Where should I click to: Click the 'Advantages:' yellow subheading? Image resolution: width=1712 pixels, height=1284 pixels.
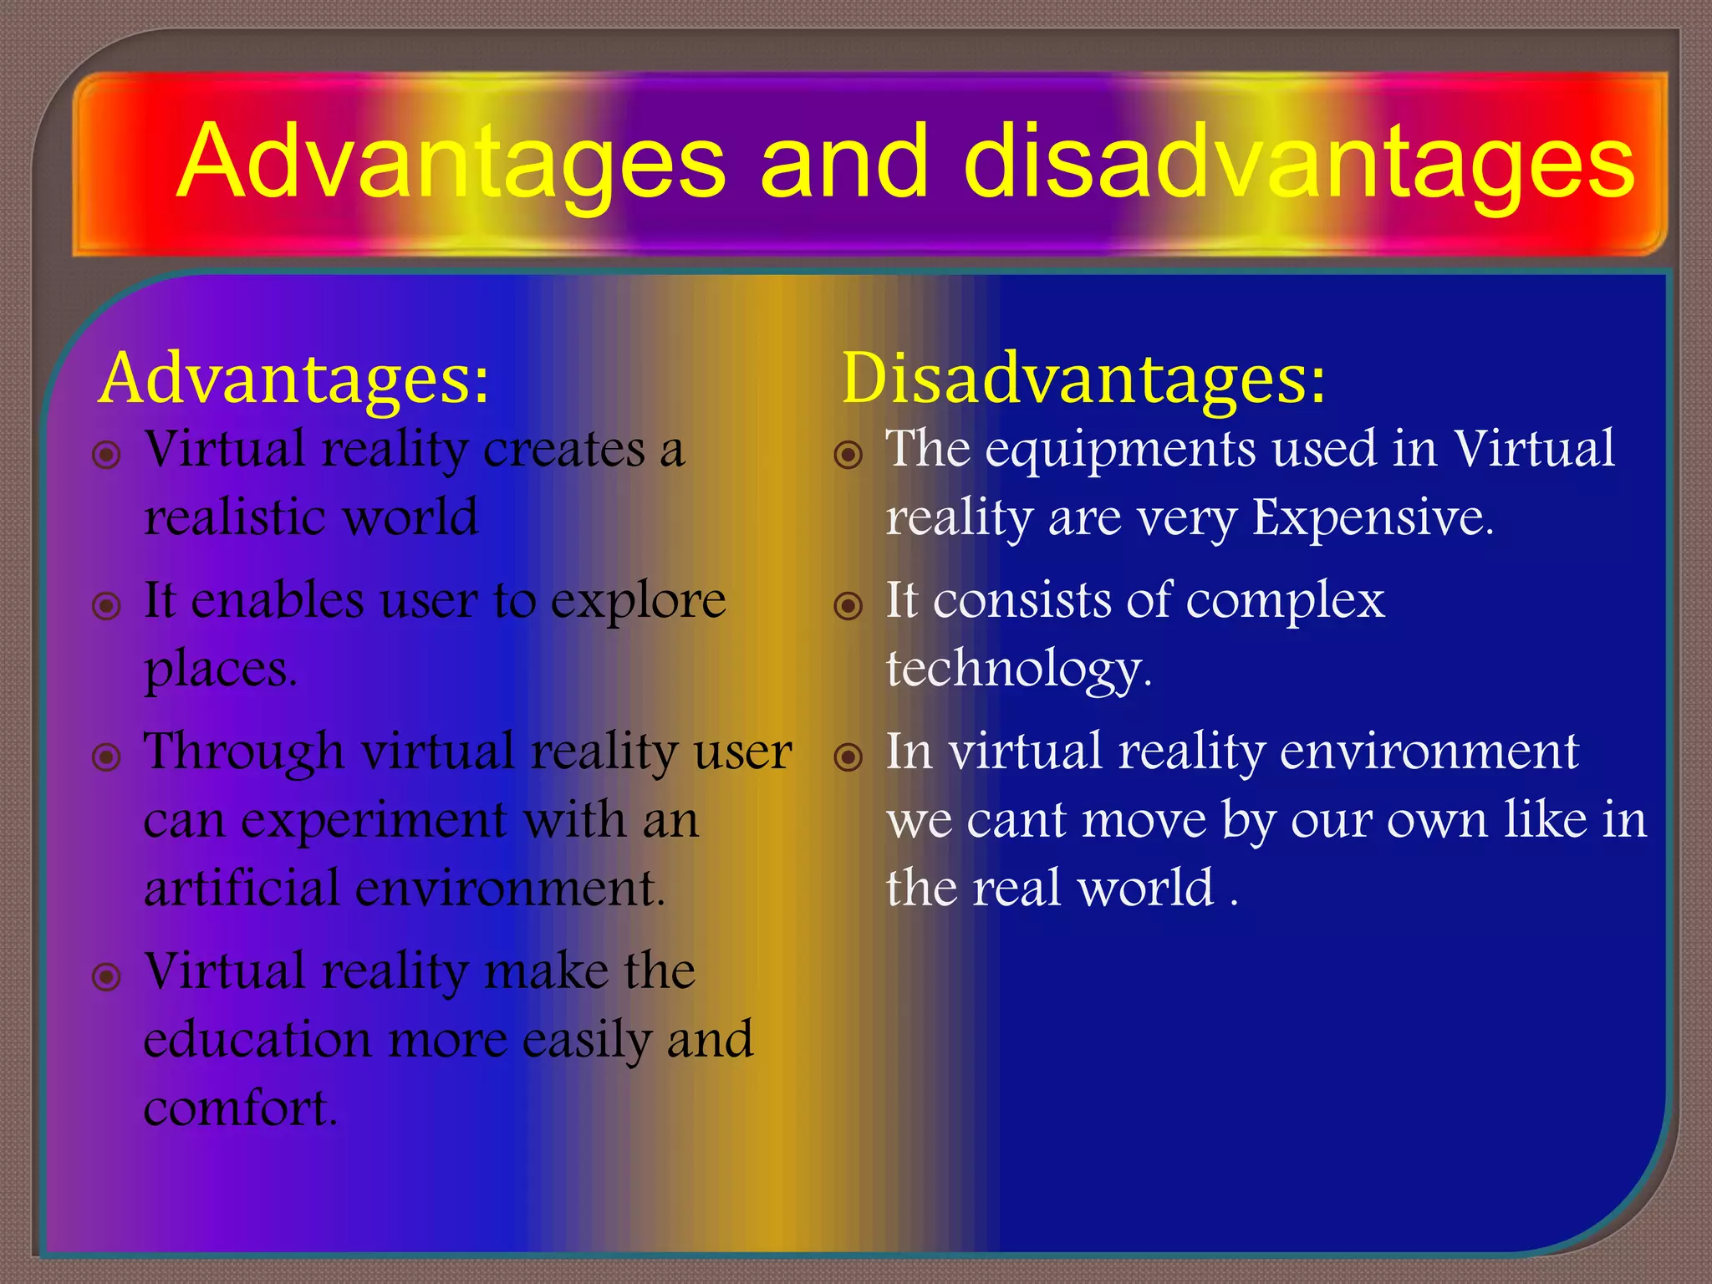[x=293, y=379]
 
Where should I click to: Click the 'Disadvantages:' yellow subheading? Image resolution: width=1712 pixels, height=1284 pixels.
[x=1083, y=379]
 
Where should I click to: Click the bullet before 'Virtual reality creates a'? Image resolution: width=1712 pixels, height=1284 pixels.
[x=107, y=456]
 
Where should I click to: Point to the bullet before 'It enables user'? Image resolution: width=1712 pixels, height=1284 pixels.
[x=107, y=605]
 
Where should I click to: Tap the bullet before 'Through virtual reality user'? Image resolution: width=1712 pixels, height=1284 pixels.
[x=107, y=757]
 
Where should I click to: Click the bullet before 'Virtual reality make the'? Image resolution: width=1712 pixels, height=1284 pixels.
[x=107, y=976]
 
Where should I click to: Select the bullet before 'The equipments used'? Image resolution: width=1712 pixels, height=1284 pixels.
[x=848, y=455]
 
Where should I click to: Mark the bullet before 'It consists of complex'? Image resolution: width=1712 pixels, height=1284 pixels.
[x=848, y=605]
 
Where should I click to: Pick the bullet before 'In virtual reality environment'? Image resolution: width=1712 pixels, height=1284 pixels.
[x=848, y=757]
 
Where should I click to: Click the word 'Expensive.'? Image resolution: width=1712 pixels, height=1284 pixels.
[x=1373, y=518]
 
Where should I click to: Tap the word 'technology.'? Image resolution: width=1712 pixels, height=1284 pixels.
[x=1019, y=670]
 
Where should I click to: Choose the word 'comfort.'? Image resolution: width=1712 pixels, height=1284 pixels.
[x=241, y=1108]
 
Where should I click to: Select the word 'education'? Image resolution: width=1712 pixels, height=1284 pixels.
[x=257, y=1040]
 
